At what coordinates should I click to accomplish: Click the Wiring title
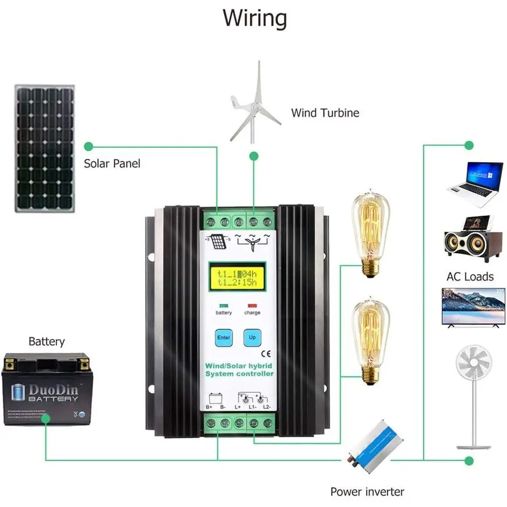[255, 18]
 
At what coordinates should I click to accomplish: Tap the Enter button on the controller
[223, 337]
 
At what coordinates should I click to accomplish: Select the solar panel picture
[45, 149]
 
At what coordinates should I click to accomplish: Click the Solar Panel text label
[112, 163]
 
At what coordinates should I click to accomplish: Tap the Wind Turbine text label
[325, 112]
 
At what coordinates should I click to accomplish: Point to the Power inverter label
[367, 491]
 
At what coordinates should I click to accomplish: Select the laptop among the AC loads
[476, 184]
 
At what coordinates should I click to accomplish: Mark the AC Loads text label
[469, 276]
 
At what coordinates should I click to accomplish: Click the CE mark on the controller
[265, 354]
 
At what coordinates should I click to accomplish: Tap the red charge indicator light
[252, 306]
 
